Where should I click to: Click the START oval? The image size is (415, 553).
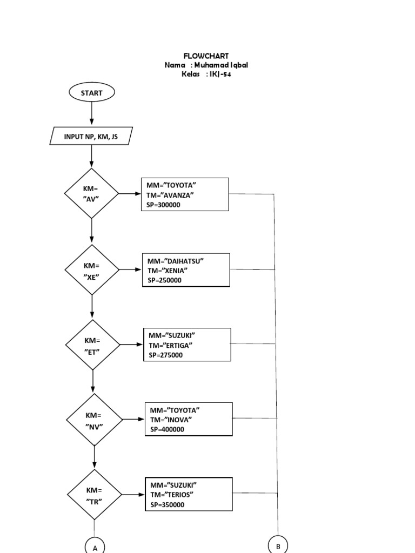91,93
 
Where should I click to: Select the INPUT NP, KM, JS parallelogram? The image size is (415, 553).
91,137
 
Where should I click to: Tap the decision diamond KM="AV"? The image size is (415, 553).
92,193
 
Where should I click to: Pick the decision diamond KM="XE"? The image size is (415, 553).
92,270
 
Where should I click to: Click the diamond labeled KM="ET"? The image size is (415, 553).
92,345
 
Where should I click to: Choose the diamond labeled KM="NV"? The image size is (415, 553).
94,420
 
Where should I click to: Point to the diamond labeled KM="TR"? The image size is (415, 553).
95,495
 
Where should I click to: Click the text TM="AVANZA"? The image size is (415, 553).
170,194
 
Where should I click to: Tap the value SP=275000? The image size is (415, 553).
166,355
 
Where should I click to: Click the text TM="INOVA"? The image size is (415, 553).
171,420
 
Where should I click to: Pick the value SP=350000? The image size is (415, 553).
168,505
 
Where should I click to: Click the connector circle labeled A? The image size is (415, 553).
95,547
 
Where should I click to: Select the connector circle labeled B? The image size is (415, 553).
278,546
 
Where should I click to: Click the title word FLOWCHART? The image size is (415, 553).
206,56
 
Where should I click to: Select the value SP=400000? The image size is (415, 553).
168,429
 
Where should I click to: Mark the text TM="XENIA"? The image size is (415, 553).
168,271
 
